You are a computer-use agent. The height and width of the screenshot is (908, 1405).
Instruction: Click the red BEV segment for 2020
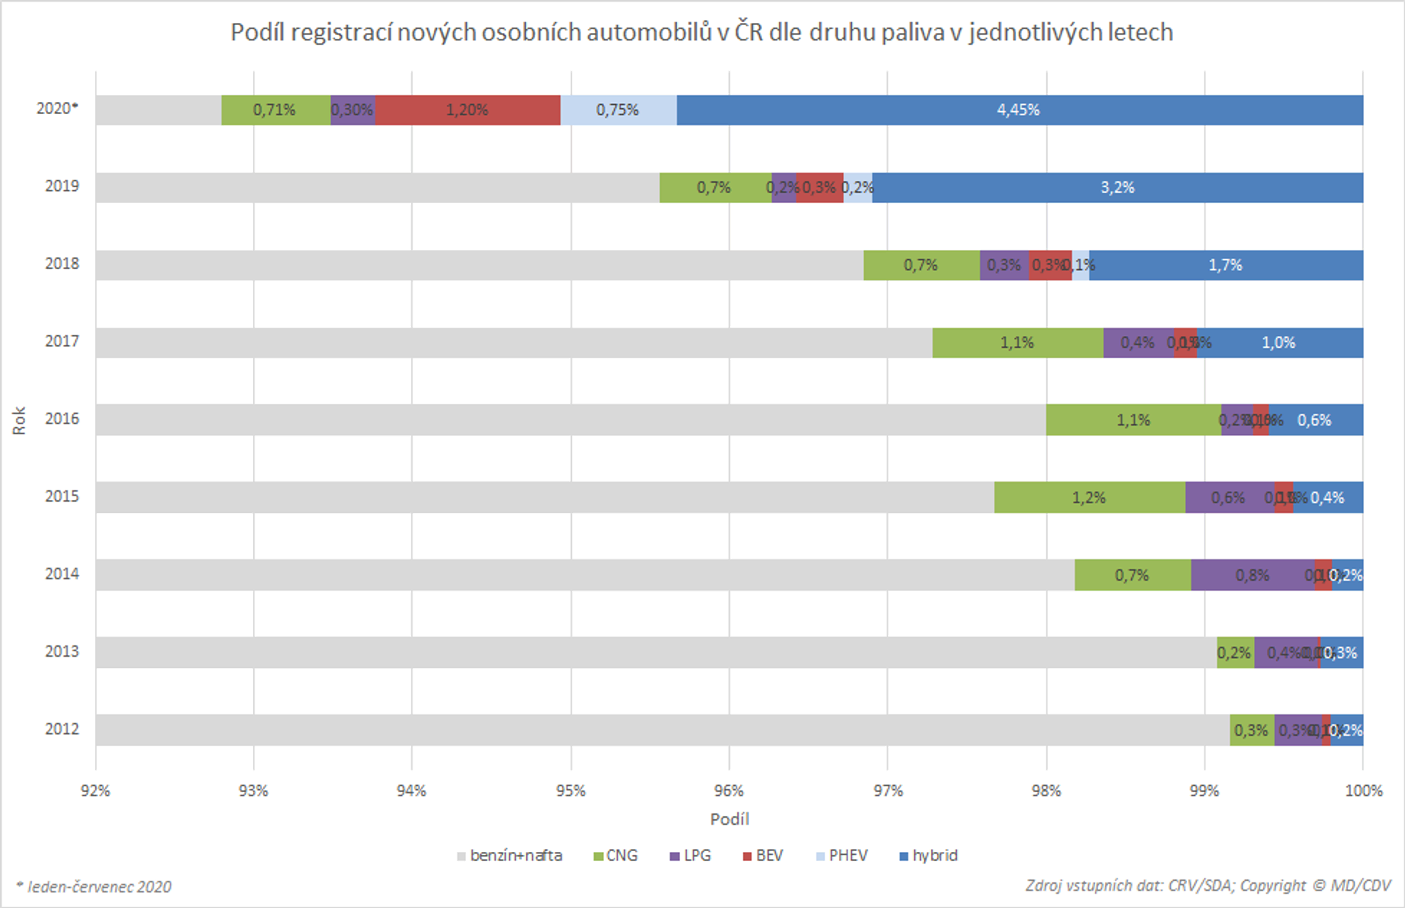coord(467,110)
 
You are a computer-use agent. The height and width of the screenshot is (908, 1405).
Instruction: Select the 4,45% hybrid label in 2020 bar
coord(1017,110)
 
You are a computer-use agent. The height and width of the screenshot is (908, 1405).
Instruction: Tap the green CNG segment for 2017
coord(1017,342)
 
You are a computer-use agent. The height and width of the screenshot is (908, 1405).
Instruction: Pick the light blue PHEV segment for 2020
coord(617,110)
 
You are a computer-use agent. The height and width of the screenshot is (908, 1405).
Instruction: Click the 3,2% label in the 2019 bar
coord(1117,187)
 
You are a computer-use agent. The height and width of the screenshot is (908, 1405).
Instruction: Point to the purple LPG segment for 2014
coord(1252,575)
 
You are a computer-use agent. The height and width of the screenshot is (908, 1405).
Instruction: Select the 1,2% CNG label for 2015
coord(1088,498)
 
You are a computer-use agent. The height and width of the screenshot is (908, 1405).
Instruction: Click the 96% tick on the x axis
coord(729,791)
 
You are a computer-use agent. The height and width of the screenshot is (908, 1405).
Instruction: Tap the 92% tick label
coord(95,791)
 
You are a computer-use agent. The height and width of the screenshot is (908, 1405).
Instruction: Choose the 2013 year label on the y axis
coord(62,652)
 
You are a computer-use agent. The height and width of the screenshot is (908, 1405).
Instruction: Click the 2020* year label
coord(57,108)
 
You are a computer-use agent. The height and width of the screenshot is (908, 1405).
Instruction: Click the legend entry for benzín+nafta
coord(509,855)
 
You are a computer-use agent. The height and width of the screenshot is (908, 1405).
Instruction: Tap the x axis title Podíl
coord(729,819)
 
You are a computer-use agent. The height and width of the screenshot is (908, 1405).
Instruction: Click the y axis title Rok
coord(19,420)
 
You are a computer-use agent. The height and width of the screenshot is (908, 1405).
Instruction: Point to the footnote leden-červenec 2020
coord(94,887)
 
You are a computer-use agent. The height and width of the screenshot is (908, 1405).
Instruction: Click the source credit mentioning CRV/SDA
coord(1208,886)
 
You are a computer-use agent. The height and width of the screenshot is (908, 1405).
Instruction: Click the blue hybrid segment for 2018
coord(1225,265)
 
